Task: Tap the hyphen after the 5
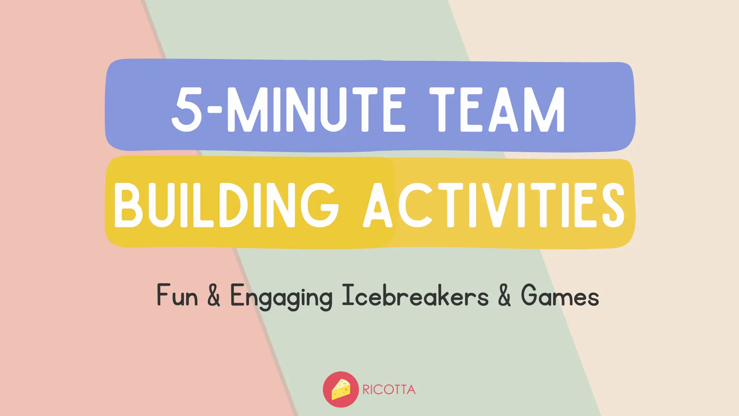[x=214, y=110]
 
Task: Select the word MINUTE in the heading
[x=316, y=109]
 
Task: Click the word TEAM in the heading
[x=497, y=109]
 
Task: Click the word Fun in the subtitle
[x=177, y=296]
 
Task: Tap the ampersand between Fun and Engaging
[x=214, y=296]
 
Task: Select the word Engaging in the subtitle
[x=281, y=297]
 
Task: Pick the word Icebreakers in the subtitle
[x=415, y=296]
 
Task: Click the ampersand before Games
[x=504, y=296]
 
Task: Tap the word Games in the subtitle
[x=560, y=296]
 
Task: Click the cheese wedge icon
[x=341, y=389]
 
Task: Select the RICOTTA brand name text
[x=389, y=390]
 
